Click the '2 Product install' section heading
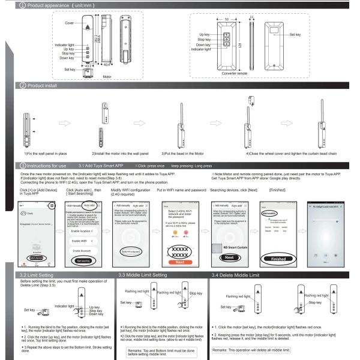pos(40,86)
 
